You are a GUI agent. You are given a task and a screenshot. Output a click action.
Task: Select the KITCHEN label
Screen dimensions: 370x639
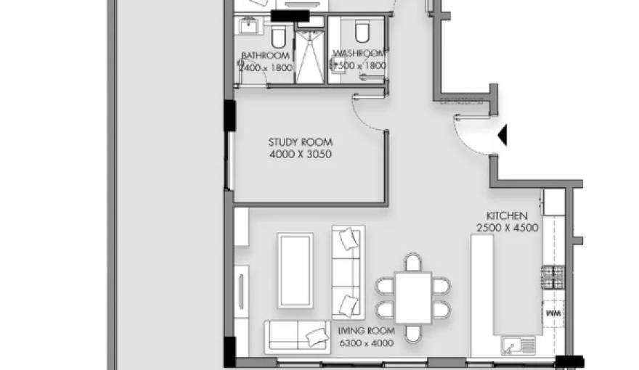tap(507, 216)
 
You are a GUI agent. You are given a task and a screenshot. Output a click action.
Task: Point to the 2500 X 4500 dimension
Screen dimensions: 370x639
tap(507, 228)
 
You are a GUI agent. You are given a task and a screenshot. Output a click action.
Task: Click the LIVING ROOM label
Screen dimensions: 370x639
tap(366, 331)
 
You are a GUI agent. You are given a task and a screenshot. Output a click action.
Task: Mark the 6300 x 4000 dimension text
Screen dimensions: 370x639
tap(366, 342)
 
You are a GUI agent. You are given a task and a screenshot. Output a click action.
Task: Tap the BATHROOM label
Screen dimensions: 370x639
tap(266, 55)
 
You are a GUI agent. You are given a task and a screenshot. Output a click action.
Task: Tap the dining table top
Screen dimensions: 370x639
tap(413, 297)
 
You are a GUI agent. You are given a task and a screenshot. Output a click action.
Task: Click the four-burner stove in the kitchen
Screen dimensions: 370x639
tap(553, 277)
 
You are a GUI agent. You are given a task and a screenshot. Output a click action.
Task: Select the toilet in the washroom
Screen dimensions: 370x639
tap(361, 31)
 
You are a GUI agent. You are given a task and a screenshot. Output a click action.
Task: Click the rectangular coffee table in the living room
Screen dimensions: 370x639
tap(296, 270)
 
